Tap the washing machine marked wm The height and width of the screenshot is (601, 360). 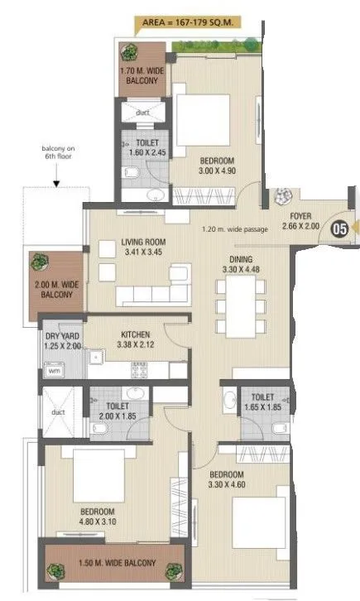point(55,373)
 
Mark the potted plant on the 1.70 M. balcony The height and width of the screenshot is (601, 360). point(130,52)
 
